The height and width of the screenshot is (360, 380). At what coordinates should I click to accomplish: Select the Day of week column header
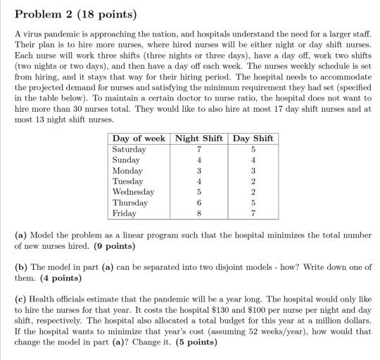tap(139, 139)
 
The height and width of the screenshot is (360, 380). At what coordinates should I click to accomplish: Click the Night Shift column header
tap(200, 139)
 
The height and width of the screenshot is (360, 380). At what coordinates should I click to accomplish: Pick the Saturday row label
tap(129, 149)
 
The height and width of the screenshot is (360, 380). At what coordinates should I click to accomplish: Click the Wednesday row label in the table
tap(134, 191)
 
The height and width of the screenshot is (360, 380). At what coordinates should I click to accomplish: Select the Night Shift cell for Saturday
tap(200, 149)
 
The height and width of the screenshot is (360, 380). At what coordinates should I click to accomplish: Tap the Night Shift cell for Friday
tap(200, 212)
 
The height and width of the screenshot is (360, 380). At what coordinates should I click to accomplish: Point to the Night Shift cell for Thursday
tap(200, 202)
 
